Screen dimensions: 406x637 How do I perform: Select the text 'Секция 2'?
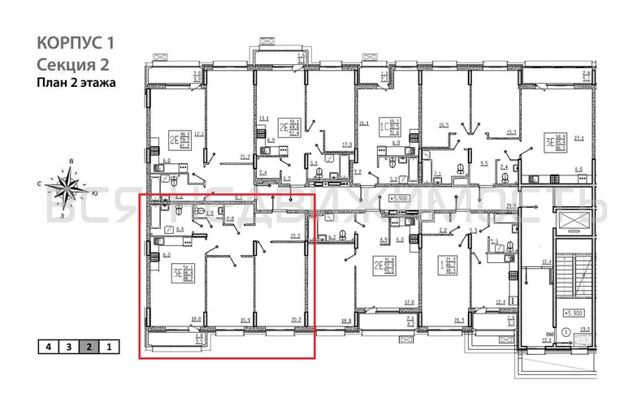(72, 63)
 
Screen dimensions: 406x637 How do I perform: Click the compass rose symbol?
(66, 188)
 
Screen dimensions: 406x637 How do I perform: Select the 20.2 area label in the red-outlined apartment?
(297, 319)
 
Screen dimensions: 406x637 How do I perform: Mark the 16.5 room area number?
(444, 125)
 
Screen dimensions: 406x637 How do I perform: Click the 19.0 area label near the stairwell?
(584, 329)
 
